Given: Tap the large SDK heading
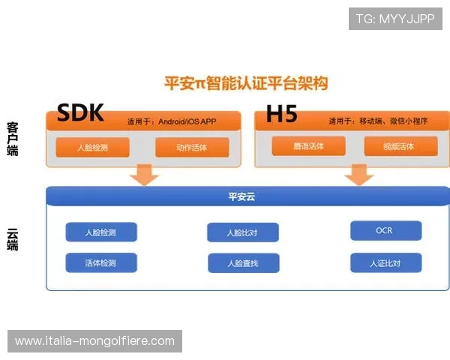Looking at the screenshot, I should point(79,113).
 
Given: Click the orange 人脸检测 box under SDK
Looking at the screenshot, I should point(92,148).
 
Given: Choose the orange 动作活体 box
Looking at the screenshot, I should point(192,148).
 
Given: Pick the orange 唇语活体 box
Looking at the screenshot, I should point(308,146).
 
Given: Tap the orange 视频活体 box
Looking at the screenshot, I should point(400,146).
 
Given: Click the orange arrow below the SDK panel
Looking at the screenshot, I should point(144,176).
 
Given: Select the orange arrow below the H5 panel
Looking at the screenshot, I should point(359,176).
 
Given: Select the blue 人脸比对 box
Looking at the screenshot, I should point(242,232).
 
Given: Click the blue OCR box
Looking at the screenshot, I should point(385,230).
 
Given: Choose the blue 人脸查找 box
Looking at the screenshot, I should point(242,263).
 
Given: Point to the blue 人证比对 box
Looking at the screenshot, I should point(385,263).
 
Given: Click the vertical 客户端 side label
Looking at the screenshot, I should point(13,139).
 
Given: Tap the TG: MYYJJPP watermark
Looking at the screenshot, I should point(395,19).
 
